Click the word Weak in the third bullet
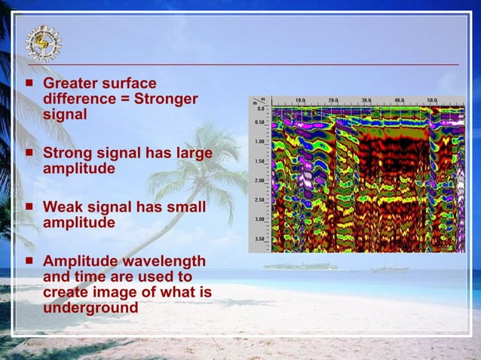[62, 207]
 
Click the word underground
[90, 307]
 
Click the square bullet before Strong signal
[29, 153]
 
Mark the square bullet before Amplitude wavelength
[29, 260]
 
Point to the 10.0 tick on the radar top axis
[300, 100]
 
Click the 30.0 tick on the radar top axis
[366, 100]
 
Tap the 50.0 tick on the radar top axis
[432, 100]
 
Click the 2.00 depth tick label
[260, 181]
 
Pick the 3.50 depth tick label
[260, 239]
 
